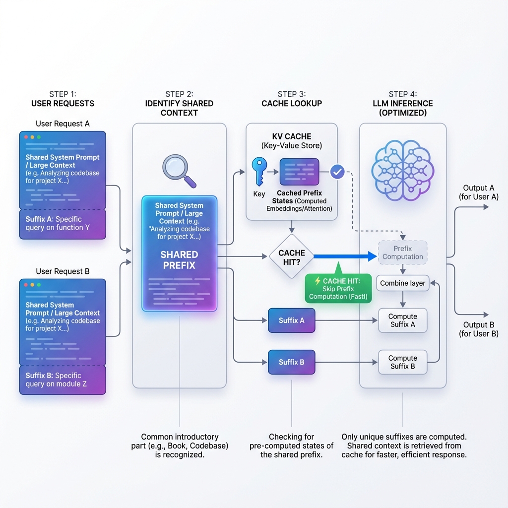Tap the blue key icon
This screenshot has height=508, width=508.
click(259, 172)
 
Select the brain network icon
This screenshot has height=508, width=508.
click(402, 169)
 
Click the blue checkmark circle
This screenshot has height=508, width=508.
click(337, 172)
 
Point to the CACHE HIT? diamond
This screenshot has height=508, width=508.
click(292, 256)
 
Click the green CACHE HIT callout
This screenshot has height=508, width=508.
click(338, 288)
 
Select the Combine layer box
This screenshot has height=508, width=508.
click(402, 283)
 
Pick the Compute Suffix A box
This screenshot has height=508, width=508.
click(402, 320)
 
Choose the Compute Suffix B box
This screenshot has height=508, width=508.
click(402, 362)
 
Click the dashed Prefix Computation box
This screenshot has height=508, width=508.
click(402, 253)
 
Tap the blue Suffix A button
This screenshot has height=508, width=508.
click(292, 320)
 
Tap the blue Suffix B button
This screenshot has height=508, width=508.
click(292, 362)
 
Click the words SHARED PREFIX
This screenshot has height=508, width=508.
click(179, 260)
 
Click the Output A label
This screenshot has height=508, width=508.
click(478, 192)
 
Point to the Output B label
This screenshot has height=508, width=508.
click(478, 329)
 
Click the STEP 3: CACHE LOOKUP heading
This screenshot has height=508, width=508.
click(292, 99)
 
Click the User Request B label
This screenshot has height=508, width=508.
click(63, 271)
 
